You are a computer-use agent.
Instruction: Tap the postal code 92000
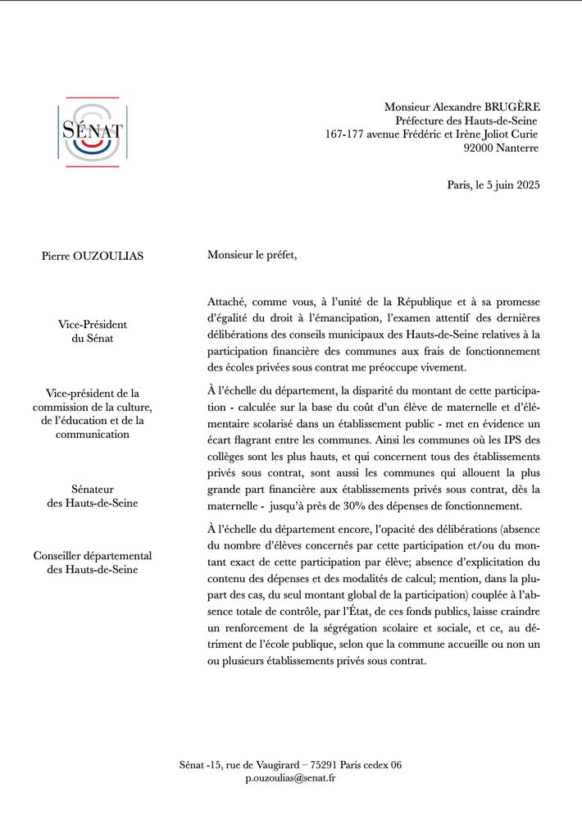(x=480, y=148)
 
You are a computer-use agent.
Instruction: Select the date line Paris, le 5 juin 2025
(x=493, y=184)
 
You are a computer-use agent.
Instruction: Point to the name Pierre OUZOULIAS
(x=93, y=256)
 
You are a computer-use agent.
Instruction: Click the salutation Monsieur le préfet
(x=252, y=255)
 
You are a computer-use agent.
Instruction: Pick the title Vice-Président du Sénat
(x=93, y=330)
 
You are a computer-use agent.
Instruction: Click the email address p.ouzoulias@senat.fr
(x=290, y=777)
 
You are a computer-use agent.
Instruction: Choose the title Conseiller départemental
(x=93, y=555)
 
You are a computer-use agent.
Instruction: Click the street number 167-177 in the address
(x=349, y=134)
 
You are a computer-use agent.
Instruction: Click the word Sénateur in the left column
(x=93, y=489)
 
